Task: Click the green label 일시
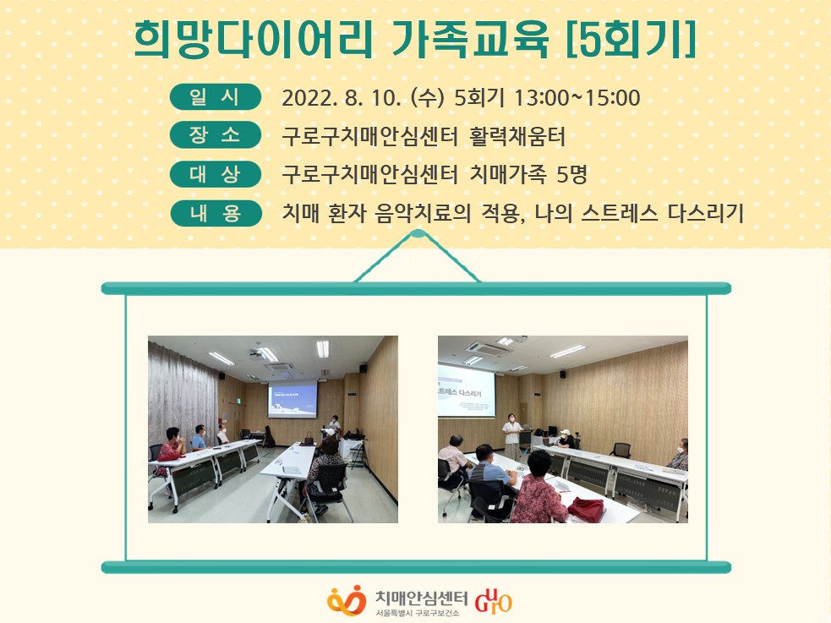click(x=216, y=97)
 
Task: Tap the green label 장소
click(x=216, y=135)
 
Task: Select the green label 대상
click(x=216, y=174)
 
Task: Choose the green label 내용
click(x=216, y=214)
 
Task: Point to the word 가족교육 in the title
click(x=469, y=39)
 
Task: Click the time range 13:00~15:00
click(x=577, y=98)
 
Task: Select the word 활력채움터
click(x=517, y=136)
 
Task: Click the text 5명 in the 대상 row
click(x=571, y=174)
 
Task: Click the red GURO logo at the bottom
click(x=494, y=601)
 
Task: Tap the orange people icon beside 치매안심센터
click(x=347, y=600)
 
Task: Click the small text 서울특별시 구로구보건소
click(x=418, y=613)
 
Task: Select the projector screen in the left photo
click(x=293, y=399)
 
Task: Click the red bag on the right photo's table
click(x=586, y=509)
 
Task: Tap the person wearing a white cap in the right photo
click(x=566, y=439)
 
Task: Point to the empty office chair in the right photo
click(x=621, y=451)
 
